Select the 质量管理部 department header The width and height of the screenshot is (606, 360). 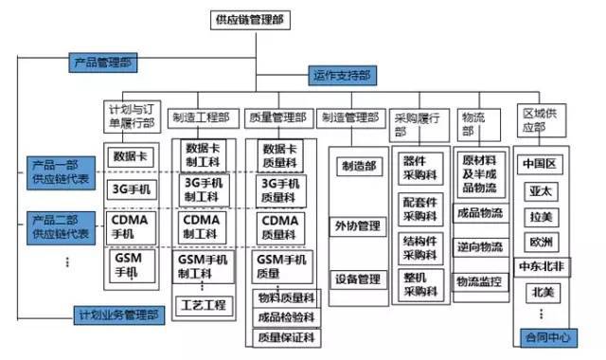(276, 118)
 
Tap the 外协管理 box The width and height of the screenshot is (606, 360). (357, 225)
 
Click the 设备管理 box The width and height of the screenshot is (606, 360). (357, 279)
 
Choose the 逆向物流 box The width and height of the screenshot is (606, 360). (480, 246)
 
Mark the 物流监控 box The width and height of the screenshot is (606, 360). (480, 280)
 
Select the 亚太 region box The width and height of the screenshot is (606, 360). (542, 189)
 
